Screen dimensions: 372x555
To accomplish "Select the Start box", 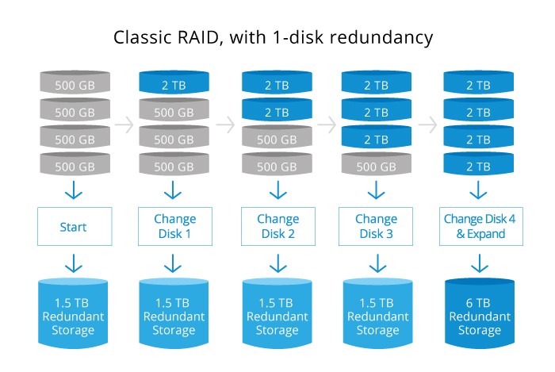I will (74, 227).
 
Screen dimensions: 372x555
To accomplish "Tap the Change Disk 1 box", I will (175, 227).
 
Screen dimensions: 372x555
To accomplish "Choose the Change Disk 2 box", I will (277, 227).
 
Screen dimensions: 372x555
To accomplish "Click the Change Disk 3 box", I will (376, 227).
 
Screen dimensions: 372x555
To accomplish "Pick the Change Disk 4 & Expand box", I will (479, 227).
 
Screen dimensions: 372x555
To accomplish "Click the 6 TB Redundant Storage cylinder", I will (479, 312).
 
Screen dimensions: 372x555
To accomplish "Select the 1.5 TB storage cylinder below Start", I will (74, 312).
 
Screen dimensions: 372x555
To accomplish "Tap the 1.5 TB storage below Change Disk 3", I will (376, 312).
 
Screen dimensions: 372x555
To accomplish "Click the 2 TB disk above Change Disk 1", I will (175, 83).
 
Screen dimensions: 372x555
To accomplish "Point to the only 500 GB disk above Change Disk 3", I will (376, 166).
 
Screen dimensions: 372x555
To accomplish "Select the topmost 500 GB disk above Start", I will (74, 83).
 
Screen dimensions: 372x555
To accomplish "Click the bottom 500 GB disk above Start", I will (74, 166).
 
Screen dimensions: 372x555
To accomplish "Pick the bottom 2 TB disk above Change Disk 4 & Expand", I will (479, 166).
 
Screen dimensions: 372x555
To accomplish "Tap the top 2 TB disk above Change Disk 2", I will (277, 83).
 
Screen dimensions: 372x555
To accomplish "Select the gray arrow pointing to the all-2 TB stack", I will (428, 125).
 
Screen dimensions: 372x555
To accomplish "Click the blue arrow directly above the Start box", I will (74, 192).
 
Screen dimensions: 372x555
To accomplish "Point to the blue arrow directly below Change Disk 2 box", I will (277, 263).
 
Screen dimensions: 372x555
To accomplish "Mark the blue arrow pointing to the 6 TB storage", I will (479, 263).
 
